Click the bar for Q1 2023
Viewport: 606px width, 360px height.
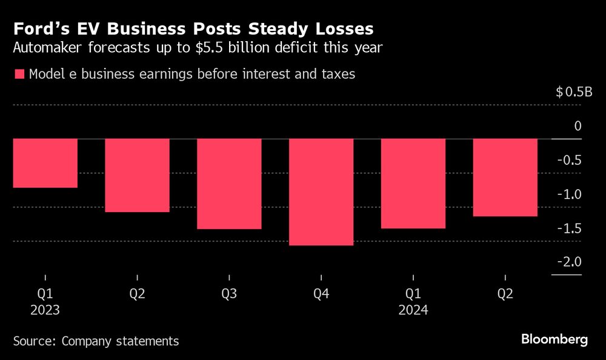[45, 163]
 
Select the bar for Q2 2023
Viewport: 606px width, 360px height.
[137, 175]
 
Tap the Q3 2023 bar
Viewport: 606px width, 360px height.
[229, 184]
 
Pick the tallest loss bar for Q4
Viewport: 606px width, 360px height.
[321, 192]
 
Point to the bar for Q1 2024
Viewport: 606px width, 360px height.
[413, 184]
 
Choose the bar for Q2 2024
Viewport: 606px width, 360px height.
[505, 178]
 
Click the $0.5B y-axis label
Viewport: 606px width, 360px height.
[573, 92]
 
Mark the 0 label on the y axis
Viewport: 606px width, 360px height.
[578, 126]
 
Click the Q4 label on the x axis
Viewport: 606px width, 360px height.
[321, 295]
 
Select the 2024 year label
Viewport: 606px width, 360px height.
[413, 310]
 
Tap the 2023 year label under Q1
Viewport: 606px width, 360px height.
[45, 310]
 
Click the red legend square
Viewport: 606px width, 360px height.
[19, 75]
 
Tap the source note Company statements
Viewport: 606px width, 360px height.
[121, 341]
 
